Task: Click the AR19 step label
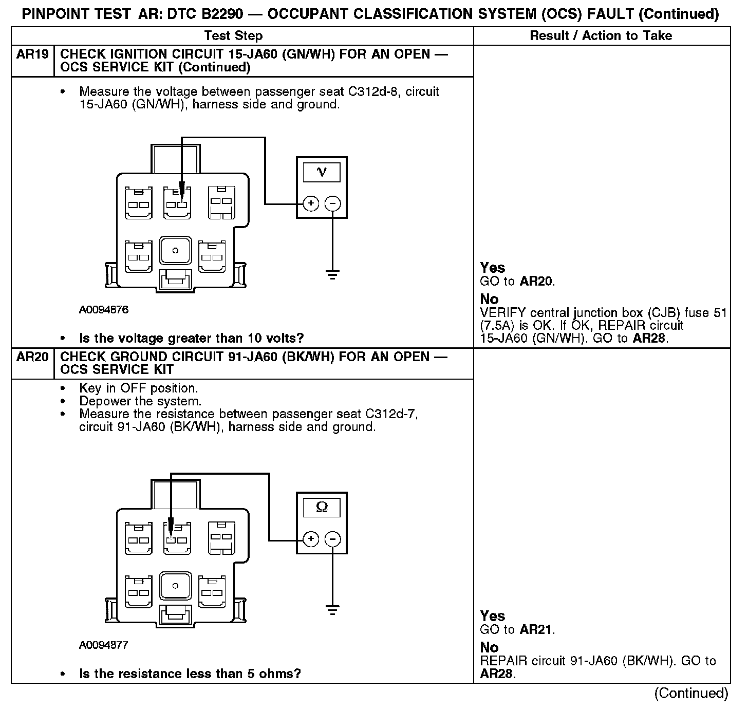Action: tap(32, 54)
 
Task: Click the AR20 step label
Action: tap(32, 357)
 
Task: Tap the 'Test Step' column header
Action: tap(233, 35)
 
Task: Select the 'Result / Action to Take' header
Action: tap(601, 35)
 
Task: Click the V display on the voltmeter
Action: tap(322, 172)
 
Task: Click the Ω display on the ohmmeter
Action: tap(322, 507)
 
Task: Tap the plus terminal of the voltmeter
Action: tap(311, 204)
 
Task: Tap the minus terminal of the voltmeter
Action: tap(333, 204)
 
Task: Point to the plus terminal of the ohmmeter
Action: tap(311, 539)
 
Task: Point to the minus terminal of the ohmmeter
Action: tap(333, 539)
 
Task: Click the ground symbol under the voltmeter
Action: tap(333, 274)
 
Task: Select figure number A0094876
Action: tap(104, 310)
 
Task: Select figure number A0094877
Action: tap(104, 645)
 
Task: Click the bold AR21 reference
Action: tap(536, 629)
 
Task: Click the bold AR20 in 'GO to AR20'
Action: tap(536, 281)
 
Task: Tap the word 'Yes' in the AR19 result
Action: tap(493, 268)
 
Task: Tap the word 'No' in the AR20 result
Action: tap(489, 647)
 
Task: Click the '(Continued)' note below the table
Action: tap(691, 694)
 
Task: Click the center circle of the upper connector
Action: tap(175, 251)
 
